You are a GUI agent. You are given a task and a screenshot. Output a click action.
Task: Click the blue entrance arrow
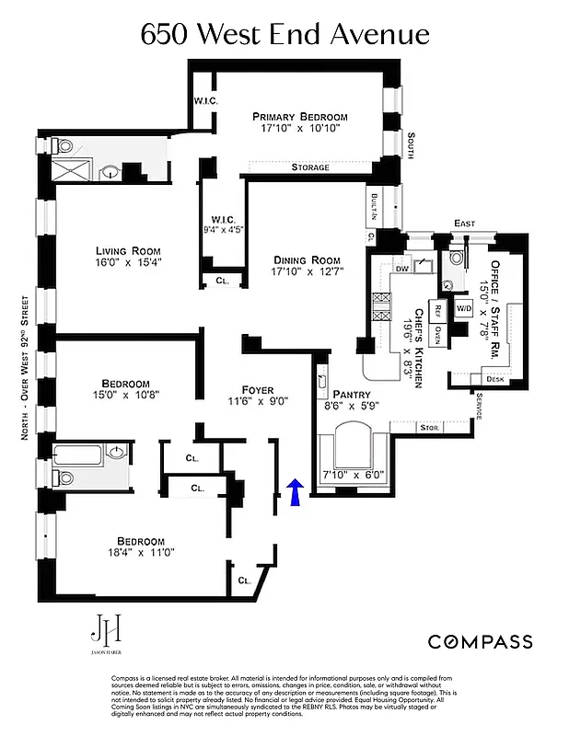pyautogui.click(x=296, y=492)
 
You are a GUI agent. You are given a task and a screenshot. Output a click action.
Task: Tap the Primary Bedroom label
pyautogui.click(x=300, y=117)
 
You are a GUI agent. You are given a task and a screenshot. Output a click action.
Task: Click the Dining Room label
pyautogui.click(x=306, y=260)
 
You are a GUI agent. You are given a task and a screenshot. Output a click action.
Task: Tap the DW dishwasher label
pyautogui.click(x=401, y=270)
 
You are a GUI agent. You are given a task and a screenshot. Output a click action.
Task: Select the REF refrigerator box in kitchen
pyautogui.click(x=439, y=310)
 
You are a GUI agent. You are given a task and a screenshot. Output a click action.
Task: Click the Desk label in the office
pyautogui.click(x=494, y=379)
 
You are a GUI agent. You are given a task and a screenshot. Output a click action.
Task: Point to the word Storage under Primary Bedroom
pyautogui.click(x=310, y=167)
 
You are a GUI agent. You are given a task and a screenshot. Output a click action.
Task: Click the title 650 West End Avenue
pyautogui.click(x=284, y=35)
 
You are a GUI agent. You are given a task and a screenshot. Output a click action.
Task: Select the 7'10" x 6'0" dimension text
pyautogui.click(x=351, y=475)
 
